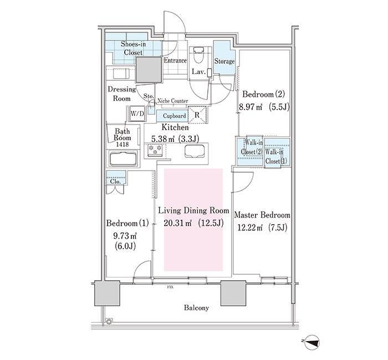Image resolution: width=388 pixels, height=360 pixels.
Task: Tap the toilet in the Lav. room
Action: pyautogui.click(x=199, y=58)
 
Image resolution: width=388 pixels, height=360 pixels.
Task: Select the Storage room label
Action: pyautogui.click(x=224, y=61)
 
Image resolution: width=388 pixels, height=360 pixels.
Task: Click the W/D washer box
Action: pyautogui.click(x=137, y=113)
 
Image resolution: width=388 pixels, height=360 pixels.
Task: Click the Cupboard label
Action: pyautogui.click(x=174, y=116)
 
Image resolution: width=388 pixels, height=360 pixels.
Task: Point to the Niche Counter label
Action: pyautogui.click(x=173, y=101)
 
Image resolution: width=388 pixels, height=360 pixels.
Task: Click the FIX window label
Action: pyautogui.click(x=170, y=287)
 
